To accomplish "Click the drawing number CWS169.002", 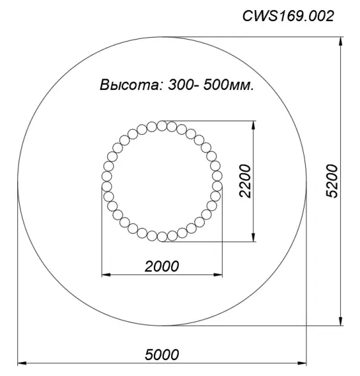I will tap(288, 17).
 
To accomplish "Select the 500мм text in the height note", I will tap(229, 86).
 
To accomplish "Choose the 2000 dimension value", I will tap(161, 266).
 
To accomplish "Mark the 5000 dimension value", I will tap(161, 354).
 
